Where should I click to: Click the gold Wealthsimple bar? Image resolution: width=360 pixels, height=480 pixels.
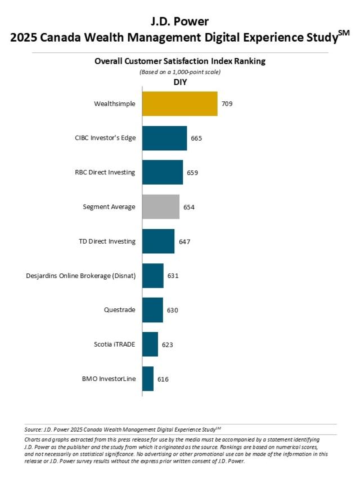pyautogui.click(x=179, y=104)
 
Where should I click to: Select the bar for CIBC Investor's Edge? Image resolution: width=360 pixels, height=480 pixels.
pyautogui.click(x=164, y=138)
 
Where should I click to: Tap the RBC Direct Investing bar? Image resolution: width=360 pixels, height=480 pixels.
pyautogui.click(x=162, y=173)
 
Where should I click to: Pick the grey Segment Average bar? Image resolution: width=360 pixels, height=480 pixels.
pyautogui.click(x=160, y=207)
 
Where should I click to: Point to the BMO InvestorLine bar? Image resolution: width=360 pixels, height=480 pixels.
pyautogui.click(x=148, y=379)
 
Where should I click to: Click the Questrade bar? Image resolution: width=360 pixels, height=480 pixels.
pyautogui.click(x=152, y=310)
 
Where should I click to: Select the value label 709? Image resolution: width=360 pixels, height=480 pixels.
pyautogui.click(x=227, y=104)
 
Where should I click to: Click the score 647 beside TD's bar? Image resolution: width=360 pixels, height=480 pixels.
pyautogui.click(x=184, y=242)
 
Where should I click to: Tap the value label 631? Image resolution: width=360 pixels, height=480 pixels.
pyautogui.click(x=173, y=276)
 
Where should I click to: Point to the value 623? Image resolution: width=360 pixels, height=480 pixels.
pyautogui.click(x=168, y=345)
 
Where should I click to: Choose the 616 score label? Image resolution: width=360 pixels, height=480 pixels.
pyautogui.click(x=163, y=379)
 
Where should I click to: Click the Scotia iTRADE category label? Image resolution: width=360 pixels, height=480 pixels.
pyautogui.click(x=115, y=344)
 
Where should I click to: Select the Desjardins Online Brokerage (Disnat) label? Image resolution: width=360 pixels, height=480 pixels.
pyautogui.click(x=81, y=276)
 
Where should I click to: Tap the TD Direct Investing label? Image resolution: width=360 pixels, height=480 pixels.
pyautogui.click(x=107, y=241)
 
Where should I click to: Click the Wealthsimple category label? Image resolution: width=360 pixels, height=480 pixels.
pyautogui.click(x=115, y=104)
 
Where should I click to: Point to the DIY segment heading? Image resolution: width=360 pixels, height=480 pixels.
pyautogui.click(x=180, y=82)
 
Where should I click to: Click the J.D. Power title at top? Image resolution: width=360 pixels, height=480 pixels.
pyautogui.click(x=180, y=21)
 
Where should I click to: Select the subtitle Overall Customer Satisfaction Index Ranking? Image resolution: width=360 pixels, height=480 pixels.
pyautogui.click(x=180, y=61)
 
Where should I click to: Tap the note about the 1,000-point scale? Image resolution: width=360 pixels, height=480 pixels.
pyautogui.click(x=180, y=71)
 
